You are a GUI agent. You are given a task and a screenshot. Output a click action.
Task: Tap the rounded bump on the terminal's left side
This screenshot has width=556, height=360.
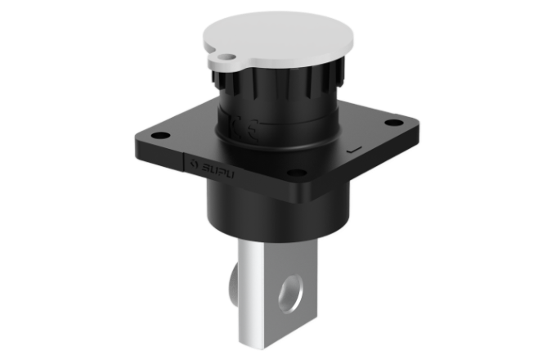tap(236, 278)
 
